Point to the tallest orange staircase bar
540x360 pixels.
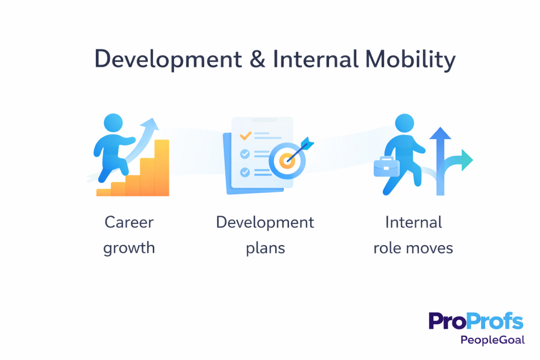click(162, 168)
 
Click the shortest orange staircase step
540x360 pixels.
click(103, 192)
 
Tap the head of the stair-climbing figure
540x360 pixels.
click(113, 124)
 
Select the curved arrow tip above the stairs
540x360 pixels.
click(152, 125)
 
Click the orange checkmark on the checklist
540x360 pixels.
click(245, 135)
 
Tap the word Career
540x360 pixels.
click(129, 222)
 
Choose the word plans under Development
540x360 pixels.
click(265, 247)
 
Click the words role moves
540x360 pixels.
click(413, 247)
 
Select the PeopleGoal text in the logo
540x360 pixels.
click(492, 340)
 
